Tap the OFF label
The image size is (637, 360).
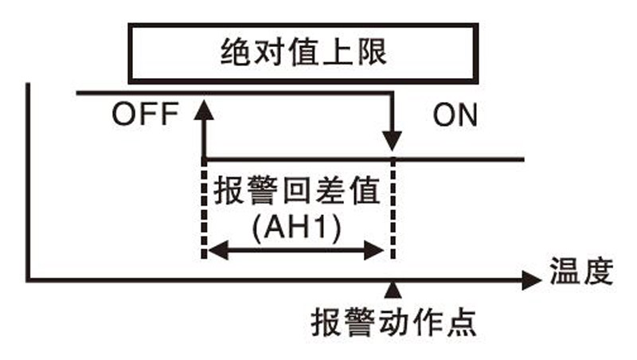[x=144, y=115]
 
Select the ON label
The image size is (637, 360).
[x=455, y=116]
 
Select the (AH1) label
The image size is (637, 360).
[x=296, y=229]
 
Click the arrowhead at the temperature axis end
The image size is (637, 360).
[x=532, y=280]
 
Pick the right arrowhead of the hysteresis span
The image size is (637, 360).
[x=381, y=252]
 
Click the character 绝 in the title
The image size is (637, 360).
[x=236, y=54]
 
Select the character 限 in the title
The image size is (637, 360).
[x=371, y=54]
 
